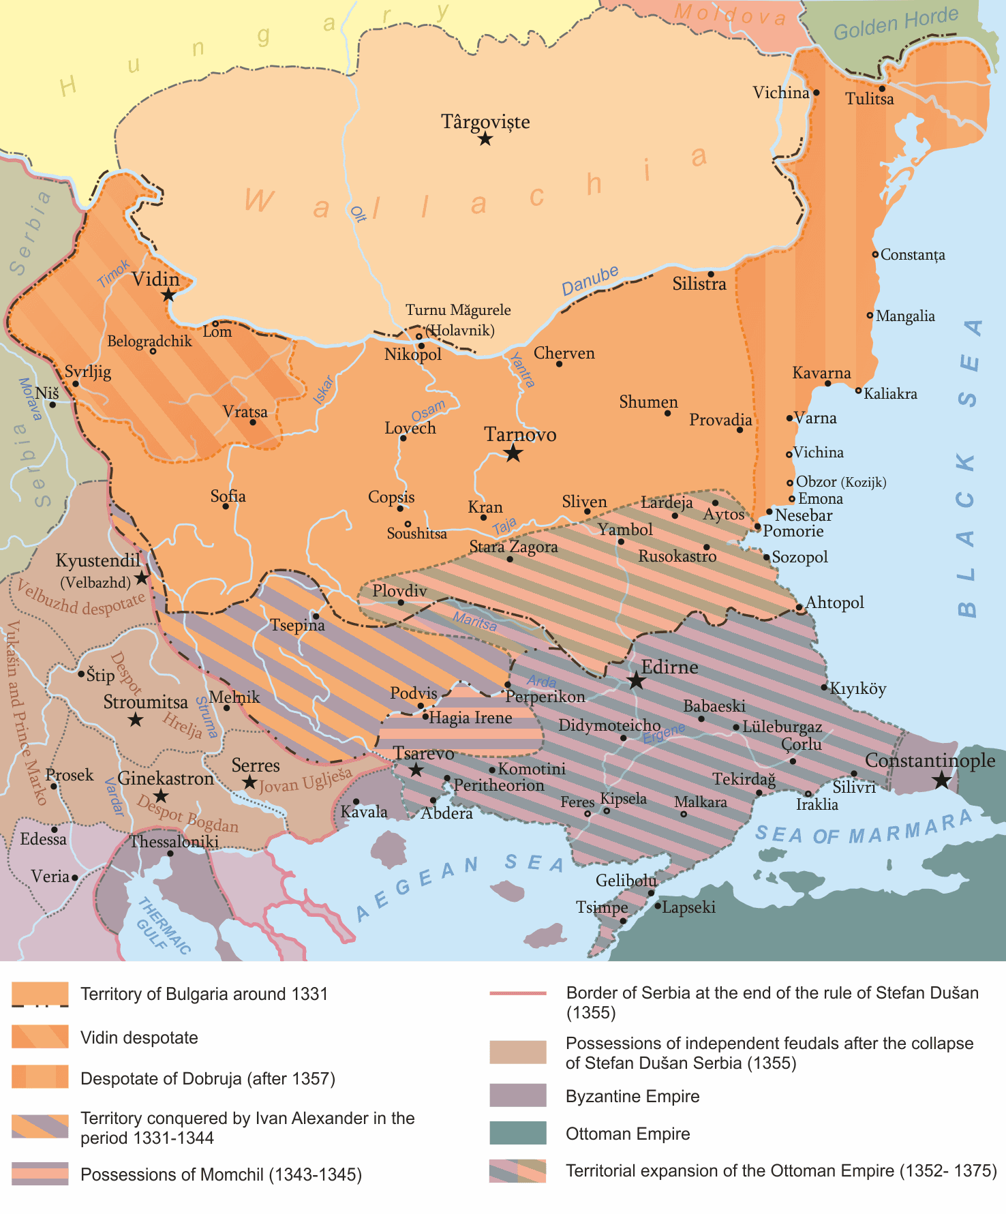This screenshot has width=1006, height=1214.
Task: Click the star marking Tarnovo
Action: coord(513,453)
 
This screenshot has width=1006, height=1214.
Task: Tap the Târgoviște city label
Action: coord(485,122)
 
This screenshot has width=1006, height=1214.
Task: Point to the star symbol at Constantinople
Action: coord(941,780)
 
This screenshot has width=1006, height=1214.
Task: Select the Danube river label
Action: coord(590,281)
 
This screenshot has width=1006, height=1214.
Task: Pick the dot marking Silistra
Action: coord(710,274)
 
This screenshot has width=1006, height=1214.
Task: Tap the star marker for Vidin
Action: coord(168,295)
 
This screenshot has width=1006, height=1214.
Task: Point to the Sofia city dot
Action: coord(226,506)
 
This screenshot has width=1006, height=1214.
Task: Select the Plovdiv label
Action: coord(399,590)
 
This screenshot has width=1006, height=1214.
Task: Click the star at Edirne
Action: coord(636,680)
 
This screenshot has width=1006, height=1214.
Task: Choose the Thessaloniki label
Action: coord(174,841)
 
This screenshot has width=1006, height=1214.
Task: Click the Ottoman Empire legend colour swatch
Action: coord(517,1133)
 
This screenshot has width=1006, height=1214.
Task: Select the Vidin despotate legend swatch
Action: coord(40,1037)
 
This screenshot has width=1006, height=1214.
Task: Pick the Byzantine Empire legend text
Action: coord(632,1096)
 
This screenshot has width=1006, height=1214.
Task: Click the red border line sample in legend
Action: coord(517,993)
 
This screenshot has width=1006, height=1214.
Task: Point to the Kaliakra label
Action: coord(890,393)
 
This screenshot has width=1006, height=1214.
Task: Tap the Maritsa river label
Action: coord(475,622)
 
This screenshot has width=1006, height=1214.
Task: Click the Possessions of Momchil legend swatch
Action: coord(40,1174)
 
